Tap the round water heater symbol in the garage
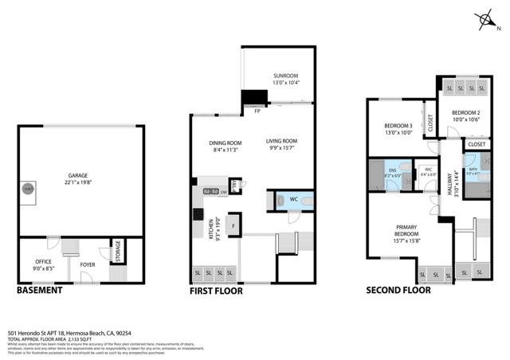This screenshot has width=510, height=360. pyautogui.click(x=28, y=189)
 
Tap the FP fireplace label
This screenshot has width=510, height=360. pyautogui.click(x=257, y=111)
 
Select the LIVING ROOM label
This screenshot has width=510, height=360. pyautogui.click(x=284, y=144)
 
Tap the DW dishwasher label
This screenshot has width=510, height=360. pyautogui.click(x=224, y=191)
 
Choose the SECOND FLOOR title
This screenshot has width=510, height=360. pyautogui.click(x=398, y=291)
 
